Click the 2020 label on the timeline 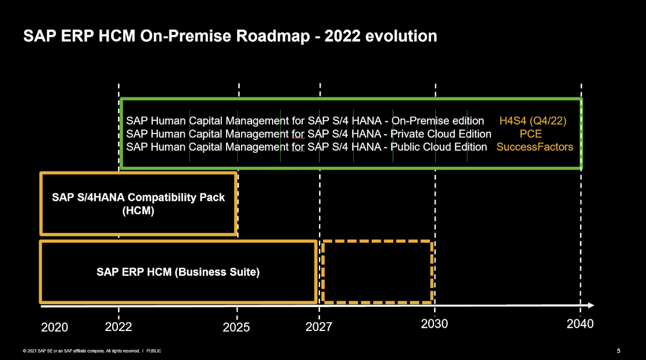tap(55, 327)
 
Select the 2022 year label tap(119, 327)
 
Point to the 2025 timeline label tap(236, 327)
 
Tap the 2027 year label tap(319, 327)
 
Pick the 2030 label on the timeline tap(434, 324)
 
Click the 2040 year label tap(580, 324)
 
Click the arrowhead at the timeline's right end tap(590, 305)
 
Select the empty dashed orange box tap(377, 271)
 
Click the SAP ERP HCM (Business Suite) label tap(178, 272)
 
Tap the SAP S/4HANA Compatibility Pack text tap(138, 197)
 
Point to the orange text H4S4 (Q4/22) tap(533, 121)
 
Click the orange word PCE tap(530, 134)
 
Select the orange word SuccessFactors tap(534, 147)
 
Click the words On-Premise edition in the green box tap(438, 121)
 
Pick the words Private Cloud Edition tap(442, 134)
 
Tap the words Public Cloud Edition tap(439, 147)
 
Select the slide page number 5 tap(618, 351)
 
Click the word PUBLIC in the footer tap(154, 351)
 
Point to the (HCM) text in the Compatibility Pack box tap(138, 211)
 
